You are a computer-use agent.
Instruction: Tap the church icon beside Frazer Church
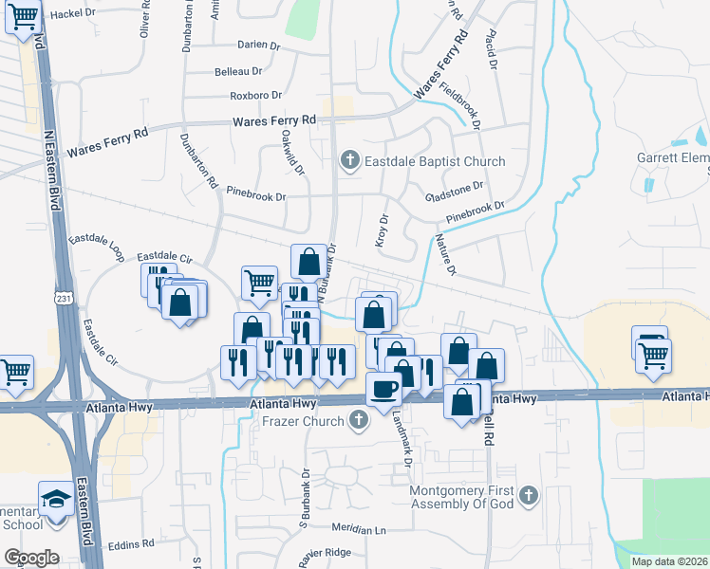point(358,418)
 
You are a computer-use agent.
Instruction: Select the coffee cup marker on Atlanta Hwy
point(384,389)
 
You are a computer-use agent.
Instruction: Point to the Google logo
point(31,558)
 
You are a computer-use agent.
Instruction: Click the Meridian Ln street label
point(360,526)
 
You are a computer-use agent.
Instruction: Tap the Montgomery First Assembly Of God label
point(462,497)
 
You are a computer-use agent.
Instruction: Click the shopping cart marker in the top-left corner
point(23,16)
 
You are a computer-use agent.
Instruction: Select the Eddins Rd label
point(130,544)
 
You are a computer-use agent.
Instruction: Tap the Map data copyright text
point(669,561)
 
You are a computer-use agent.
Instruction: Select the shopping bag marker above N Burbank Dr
point(308,261)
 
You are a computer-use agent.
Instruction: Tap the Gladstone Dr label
point(455,187)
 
